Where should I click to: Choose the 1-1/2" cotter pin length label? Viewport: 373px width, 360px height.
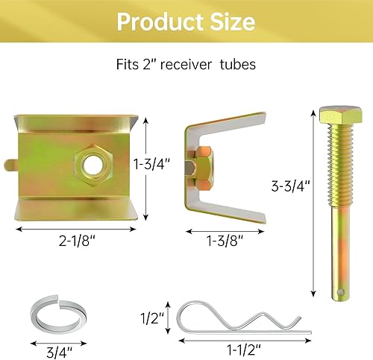pyautogui.click(x=222, y=349)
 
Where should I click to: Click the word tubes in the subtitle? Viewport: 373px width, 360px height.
pyautogui.click(x=239, y=65)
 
